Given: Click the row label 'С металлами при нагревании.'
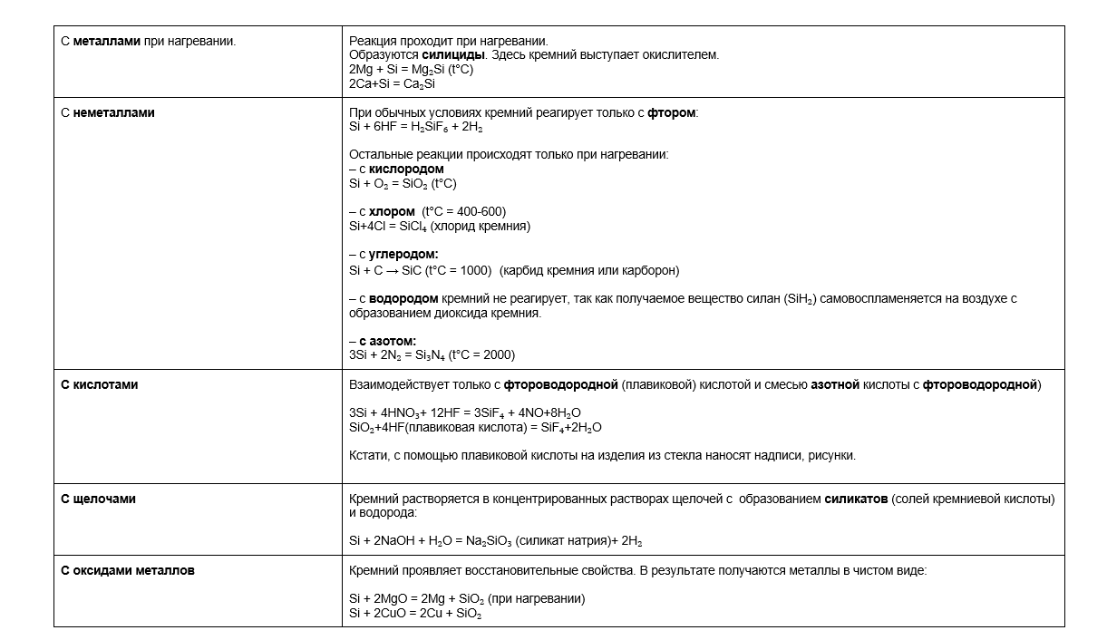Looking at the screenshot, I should click(148, 41).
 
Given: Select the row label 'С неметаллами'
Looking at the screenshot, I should click(108, 112).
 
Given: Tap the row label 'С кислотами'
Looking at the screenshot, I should click(100, 384).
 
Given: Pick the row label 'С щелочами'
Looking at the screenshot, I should click(98, 499).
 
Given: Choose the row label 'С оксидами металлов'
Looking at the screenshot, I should click(128, 570).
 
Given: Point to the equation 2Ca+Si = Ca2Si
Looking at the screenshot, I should click(393, 83).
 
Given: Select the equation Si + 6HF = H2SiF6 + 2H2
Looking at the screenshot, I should click(416, 127).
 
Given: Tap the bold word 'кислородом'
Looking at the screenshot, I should click(406, 169).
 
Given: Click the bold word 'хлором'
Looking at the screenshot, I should click(392, 211).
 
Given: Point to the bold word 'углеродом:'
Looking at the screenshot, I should click(403, 255).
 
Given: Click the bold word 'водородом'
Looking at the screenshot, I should click(403, 298).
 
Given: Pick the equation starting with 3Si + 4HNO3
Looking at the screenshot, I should click(465, 412).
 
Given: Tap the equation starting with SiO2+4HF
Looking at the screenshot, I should click(475, 427).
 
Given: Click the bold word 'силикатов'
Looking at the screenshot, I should click(856, 499).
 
